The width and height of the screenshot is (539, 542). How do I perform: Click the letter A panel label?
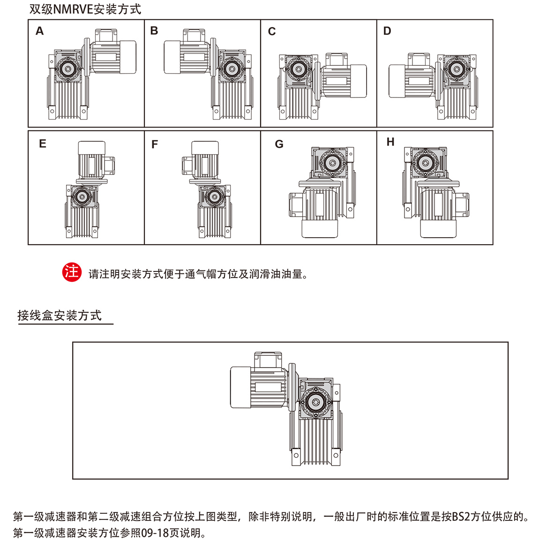pos(40,31)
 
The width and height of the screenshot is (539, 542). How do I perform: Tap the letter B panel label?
pos(154,31)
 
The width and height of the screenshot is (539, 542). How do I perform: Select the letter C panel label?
pos(272,31)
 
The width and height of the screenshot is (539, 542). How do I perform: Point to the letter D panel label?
pos(387,31)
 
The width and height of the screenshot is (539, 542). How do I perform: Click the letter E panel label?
pos(43,144)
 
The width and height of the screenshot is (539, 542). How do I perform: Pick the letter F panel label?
pos(155,144)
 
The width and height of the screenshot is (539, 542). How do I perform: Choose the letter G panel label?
pos(279,144)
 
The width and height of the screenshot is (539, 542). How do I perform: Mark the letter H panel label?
pos(390,142)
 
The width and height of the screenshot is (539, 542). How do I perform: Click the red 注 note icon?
pos(72,272)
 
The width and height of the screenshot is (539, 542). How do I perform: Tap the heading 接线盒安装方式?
pos(60,316)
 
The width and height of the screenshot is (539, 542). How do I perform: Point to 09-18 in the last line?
pos(154,533)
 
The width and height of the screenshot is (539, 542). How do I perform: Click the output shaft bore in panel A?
pos(67,69)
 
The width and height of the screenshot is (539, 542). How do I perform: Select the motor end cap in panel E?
pos(91,148)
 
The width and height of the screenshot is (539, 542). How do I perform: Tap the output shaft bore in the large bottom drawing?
pos(315,402)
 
